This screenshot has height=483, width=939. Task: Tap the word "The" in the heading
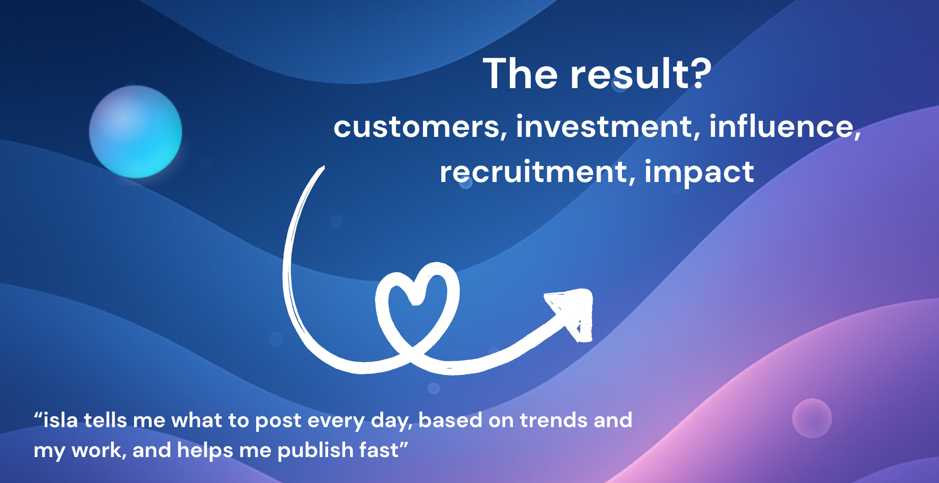click(x=520, y=74)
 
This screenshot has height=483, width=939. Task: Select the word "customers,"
click(x=420, y=127)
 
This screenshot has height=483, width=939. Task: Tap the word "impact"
click(x=699, y=173)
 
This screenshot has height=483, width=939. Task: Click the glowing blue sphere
click(x=135, y=132)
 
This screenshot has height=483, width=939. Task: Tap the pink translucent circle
click(x=812, y=418)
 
